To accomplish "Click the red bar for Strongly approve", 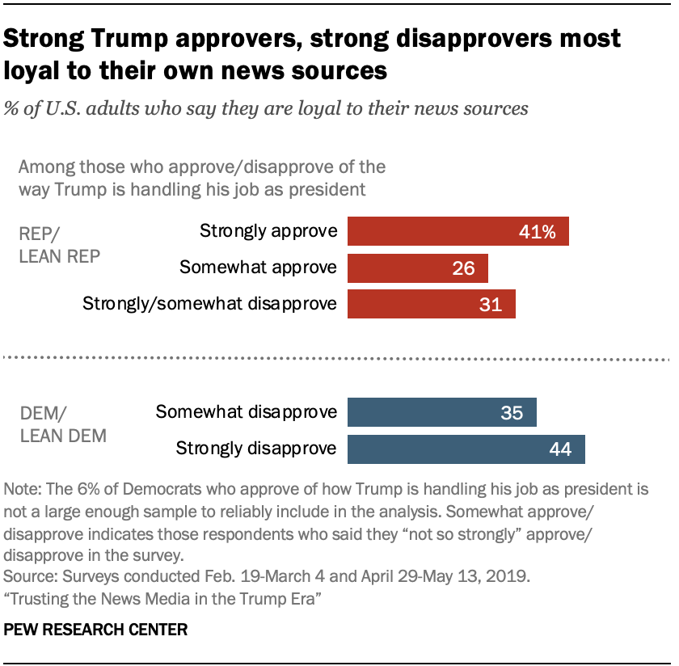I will [458, 231].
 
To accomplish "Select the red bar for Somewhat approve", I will [418, 268].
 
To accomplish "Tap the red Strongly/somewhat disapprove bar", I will [432, 304].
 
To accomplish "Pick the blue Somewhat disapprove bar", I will [442, 412].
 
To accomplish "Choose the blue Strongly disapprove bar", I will [466, 449].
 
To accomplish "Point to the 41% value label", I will [538, 232].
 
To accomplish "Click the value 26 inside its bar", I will [463, 268].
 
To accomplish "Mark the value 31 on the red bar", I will [490, 305].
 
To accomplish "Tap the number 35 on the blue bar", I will [512, 413].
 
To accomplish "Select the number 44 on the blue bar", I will [559, 449].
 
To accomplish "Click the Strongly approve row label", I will [268, 231].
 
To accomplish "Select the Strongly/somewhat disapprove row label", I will [209, 304].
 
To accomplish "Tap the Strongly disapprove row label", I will [256, 449].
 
